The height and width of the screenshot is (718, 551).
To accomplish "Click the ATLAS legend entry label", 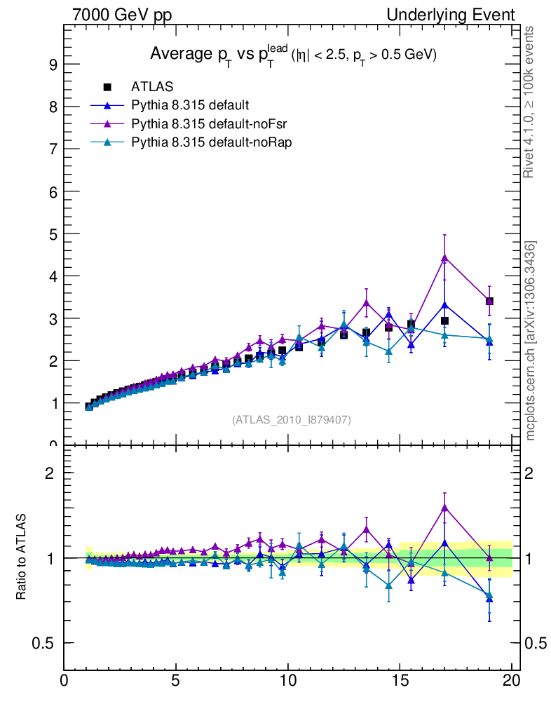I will point(152,87).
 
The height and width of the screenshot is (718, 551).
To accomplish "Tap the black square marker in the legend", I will point(107,87).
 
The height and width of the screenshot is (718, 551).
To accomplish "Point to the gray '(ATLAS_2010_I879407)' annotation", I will point(292,420).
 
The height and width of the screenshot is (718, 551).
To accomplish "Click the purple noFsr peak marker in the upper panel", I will point(444,258).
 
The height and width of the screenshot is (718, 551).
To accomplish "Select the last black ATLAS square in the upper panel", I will point(489,302).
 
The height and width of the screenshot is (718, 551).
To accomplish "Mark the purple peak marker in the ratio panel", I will point(444,507).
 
